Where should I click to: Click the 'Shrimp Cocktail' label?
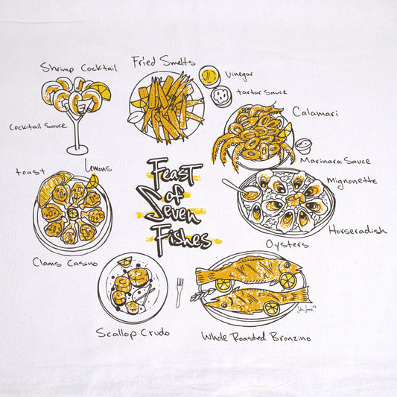pos(79,68)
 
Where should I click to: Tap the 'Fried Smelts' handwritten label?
pos(163,62)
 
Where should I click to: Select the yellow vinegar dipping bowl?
pos(209,76)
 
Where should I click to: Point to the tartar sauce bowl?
pos(221,96)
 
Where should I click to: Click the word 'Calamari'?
pos(315,112)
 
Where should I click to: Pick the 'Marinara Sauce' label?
pos(335,161)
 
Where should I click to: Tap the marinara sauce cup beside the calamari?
pos(303,145)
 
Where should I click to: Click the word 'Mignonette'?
pos(352,181)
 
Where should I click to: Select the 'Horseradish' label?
pos(358,230)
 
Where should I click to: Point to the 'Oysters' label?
pos(287,244)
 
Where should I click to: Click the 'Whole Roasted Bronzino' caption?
pos(256,337)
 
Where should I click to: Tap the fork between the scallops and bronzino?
pos(180,293)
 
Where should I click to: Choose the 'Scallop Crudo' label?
pos(133,333)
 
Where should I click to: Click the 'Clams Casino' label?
pos(65,263)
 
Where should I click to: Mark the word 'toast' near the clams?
pos(31,172)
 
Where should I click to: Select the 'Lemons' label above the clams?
pos(98,166)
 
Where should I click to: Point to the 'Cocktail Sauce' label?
pos(38,126)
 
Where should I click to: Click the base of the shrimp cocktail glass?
pos(77,150)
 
